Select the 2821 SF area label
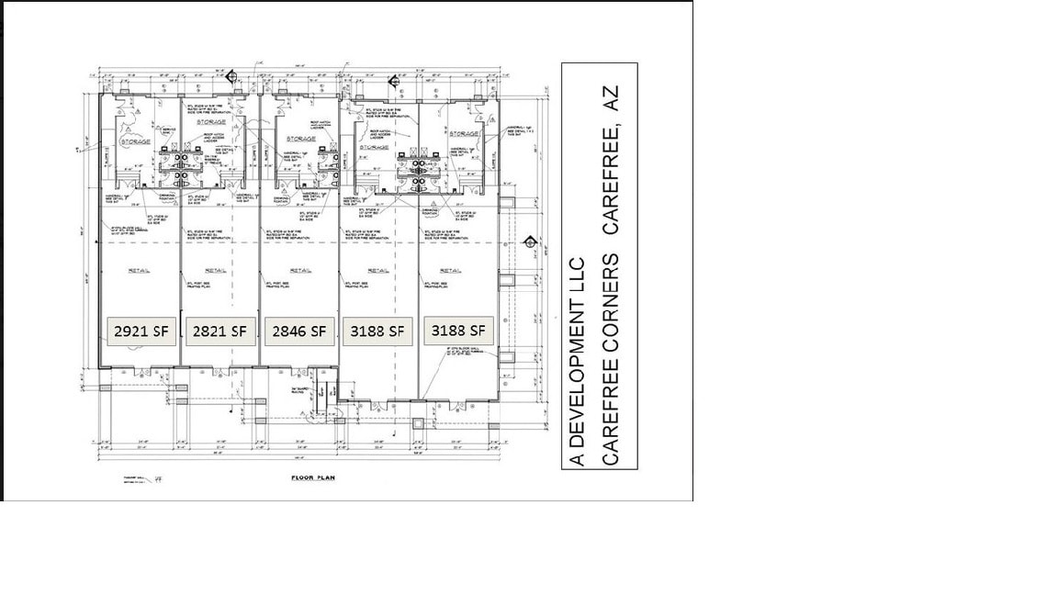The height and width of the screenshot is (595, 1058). click(x=219, y=331)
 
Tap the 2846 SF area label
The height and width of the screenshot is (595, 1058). click(x=299, y=331)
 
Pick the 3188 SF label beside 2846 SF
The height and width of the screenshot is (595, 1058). click(x=377, y=331)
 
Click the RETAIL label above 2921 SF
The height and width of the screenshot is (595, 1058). click(x=139, y=270)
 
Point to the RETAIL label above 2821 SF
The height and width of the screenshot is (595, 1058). click(x=216, y=270)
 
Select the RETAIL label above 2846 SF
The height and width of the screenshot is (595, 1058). click(x=299, y=270)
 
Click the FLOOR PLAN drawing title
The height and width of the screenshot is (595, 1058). click(x=314, y=478)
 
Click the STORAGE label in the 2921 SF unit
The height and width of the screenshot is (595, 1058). click(x=136, y=141)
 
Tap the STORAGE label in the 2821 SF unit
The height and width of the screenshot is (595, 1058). click(x=210, y=121)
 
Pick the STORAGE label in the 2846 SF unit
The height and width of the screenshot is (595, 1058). click(x=301, y=139)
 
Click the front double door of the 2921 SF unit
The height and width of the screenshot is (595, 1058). click(x=141, y=371)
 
